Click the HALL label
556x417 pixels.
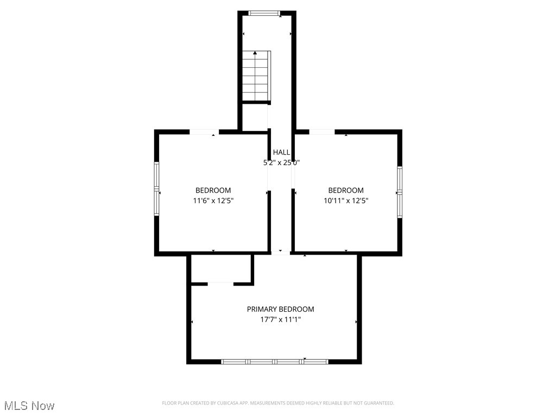point(281,153)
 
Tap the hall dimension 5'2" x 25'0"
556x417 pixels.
point(281,162)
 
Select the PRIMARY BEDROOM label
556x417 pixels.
point(280,309)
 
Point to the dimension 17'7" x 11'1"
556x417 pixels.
point(280,320)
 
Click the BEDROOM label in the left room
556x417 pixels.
point(213,190)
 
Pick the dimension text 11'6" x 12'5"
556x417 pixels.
point(213,200)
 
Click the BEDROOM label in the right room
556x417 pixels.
point(346,190)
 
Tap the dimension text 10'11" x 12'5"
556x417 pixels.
point(346,200)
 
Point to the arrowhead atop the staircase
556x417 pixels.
point(255,53)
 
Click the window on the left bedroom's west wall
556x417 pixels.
point(157,189)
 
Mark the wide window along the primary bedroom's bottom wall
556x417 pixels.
point(275,361)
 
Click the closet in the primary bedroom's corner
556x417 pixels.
point(220,268)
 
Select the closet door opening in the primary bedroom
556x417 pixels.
point(220,283)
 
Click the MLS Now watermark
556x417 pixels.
point(29,406)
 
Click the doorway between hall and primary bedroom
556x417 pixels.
point(281,253)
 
